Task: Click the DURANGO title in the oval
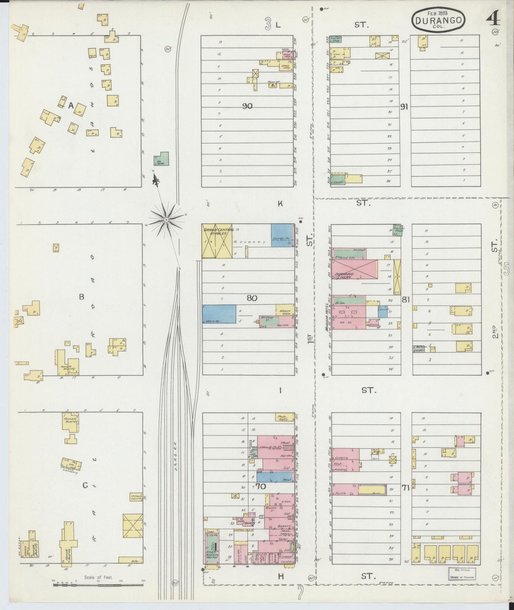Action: click(x=438, y=20)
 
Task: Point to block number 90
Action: click(x=247, y=106)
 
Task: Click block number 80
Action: click(x=252, y=298)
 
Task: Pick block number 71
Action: click(x=405, y=488)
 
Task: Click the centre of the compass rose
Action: click(x=166, y=221)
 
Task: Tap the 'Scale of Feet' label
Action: click(x=99, y=577)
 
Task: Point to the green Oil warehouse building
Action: click(x=162, y=159)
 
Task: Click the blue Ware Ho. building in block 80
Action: click(x=219, y=314)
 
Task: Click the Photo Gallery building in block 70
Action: click(x=285, y=417)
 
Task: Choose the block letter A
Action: click(x=71, y=106)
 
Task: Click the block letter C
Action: click(x=85, y=485)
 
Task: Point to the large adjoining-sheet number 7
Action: click(x=301, y=593)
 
